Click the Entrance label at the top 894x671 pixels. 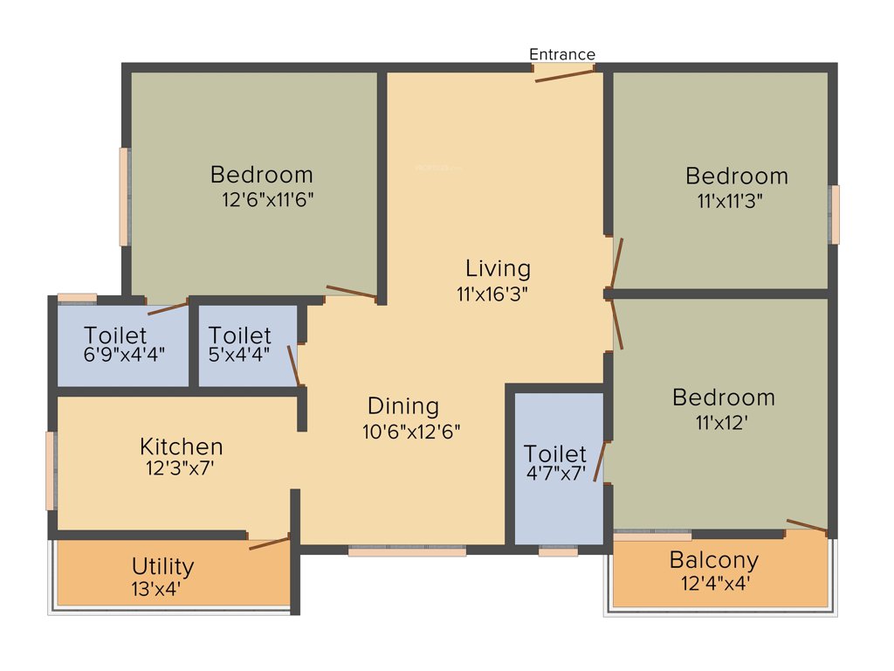point(562,54)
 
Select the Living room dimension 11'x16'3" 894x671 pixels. point(492,294)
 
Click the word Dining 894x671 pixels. point(402,406)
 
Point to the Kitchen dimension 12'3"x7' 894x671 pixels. point(181,468)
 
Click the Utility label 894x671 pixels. point(162,567)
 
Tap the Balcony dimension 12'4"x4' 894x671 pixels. point(714,583)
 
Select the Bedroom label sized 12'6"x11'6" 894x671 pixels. point(261,175)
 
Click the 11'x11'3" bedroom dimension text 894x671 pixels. point(730,200)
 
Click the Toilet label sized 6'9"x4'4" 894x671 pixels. point(115,335)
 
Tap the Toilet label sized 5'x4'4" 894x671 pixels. point(240,335)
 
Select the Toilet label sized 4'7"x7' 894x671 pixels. point(554,454)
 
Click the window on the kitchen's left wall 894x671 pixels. point(51,470)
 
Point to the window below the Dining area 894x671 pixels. point(407,551)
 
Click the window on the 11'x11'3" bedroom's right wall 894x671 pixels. point(835,214)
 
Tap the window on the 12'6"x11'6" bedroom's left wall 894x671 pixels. point(125,197)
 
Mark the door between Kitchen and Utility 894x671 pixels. point(269,543)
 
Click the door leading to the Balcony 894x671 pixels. point(807,525)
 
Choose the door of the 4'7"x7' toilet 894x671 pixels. point(599,461)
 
